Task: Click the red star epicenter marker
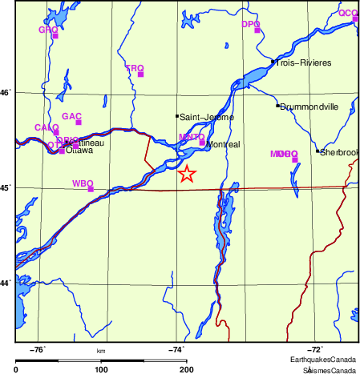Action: pos(186,174)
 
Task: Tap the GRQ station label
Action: pos(48,30)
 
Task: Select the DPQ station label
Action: pos(251,25)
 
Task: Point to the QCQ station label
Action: pos(348,13)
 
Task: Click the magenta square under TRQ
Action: pos(141,74)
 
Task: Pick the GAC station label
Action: pos(72,116)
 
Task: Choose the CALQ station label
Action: pos(47,127)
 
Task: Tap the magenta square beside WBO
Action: pos(91,189)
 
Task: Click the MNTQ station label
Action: pos(192,137)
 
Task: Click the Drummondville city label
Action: pos(309,107)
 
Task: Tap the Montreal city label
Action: pos(223,145)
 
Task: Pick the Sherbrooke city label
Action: pos(338,152)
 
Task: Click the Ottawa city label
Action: pos(79,150)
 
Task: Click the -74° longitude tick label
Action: pos(176,348)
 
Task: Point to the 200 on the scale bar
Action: pos(186,369)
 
